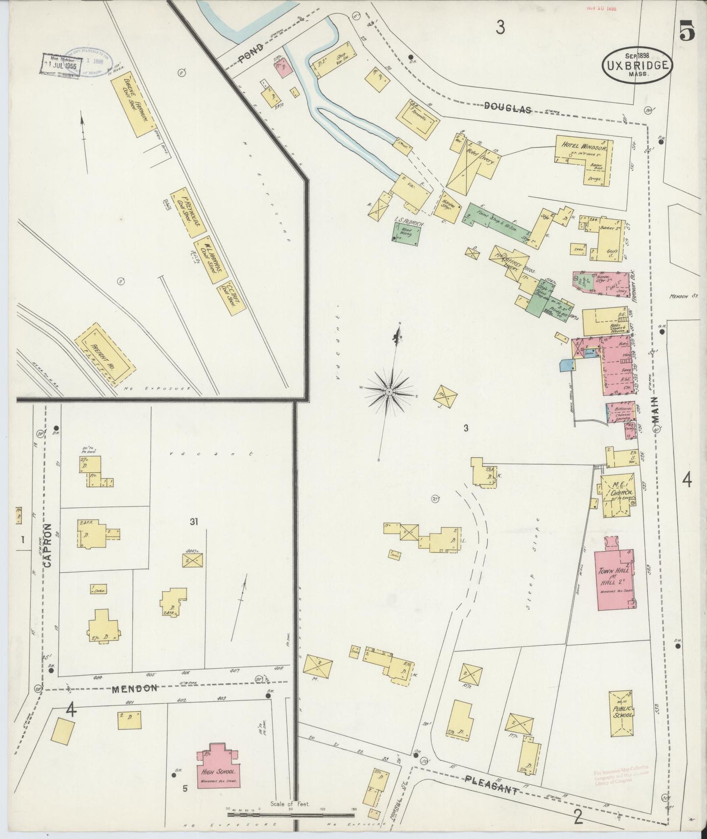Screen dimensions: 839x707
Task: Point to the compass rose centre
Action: pyautogui.click(x=388, y=392)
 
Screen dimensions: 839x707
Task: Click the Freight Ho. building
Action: pyautogui.click(x=105, y=354)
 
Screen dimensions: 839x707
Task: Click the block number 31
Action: pyautogui.click(x=194, y=522)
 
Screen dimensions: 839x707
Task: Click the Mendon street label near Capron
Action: pyautogui.click(x=135, y=688)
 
